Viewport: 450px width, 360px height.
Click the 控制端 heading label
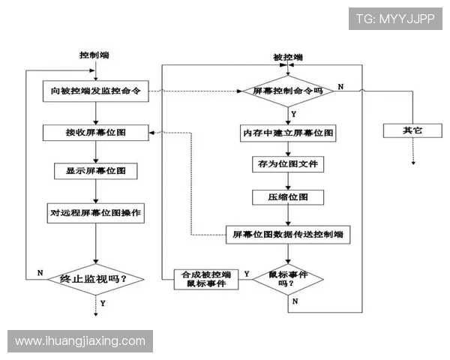point(97,55)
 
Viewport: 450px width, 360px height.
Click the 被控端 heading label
point(288,58)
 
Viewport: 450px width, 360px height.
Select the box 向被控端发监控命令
point(95,92)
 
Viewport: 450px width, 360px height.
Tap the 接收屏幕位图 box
point(95,133)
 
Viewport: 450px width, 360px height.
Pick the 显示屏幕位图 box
point(95,171)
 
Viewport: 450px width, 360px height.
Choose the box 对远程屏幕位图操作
point(95,212)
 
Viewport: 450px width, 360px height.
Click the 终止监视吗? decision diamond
point(96,279)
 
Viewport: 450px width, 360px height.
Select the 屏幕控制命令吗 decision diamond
point(288,91)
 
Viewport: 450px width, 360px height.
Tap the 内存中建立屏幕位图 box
point(288,133)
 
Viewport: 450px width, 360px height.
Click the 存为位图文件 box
point(288,163)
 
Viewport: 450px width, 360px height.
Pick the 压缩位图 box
point(288,197)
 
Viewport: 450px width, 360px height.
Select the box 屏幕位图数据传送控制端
point(288,235)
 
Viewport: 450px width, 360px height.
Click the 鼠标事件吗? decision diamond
point(288,278)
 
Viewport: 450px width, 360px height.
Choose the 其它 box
point(412,130)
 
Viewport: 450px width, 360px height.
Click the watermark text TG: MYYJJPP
point(396,19)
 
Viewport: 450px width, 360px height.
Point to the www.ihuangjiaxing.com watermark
point(80,341)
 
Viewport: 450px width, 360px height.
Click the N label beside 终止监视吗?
point(39,273)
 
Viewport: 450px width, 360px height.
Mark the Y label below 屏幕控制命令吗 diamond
point(293,114)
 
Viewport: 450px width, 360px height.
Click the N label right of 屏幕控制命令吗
point(340,87)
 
